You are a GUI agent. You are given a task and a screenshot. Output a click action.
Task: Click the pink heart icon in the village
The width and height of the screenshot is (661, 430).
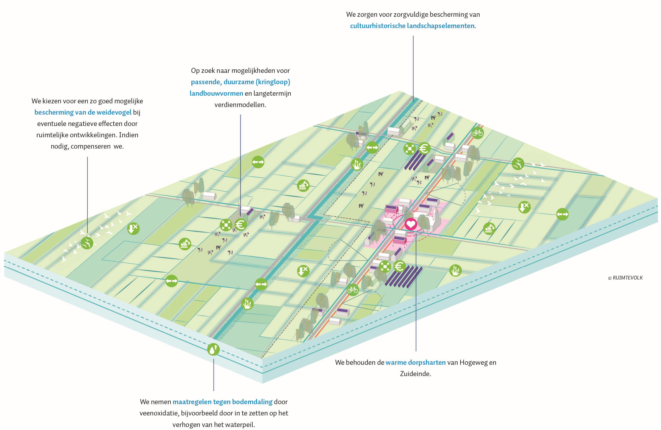(411, 224)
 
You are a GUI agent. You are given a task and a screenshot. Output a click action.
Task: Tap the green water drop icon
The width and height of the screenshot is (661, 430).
(213, 349)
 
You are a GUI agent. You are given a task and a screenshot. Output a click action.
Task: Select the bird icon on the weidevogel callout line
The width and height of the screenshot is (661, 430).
(87, 243)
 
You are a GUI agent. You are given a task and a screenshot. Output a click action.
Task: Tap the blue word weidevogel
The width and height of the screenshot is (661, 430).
(114, 112)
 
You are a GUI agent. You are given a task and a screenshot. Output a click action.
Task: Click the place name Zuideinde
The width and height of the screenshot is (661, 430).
(415, 374)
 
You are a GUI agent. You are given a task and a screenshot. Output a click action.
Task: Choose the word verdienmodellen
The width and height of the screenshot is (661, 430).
(240, 105)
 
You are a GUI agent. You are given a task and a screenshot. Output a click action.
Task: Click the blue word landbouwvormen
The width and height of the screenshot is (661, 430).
(216, 93)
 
